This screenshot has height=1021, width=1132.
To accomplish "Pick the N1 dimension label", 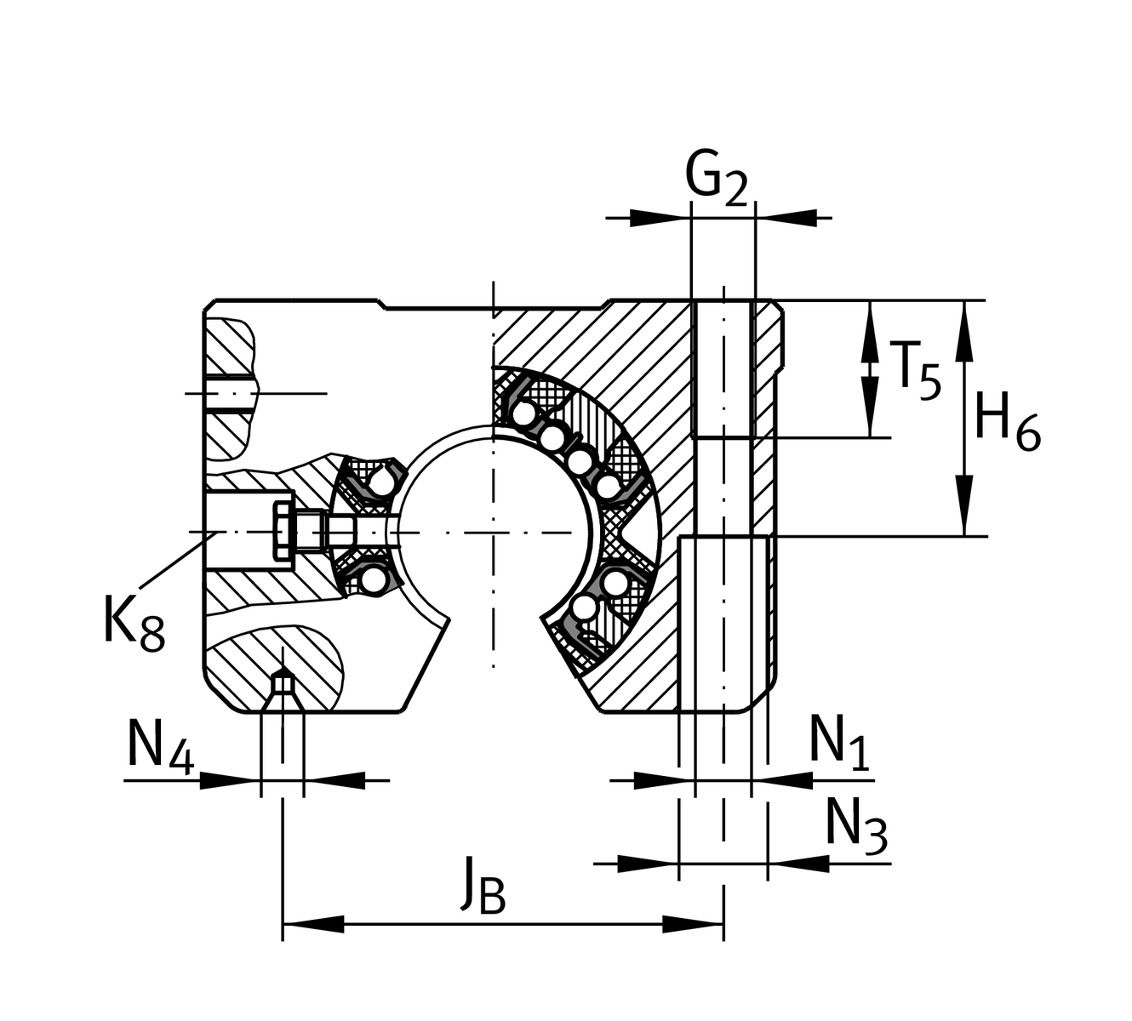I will pos(839,741).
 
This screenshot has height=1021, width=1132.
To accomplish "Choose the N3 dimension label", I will pos(856,824).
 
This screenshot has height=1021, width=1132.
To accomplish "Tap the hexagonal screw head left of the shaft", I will pos(283,531).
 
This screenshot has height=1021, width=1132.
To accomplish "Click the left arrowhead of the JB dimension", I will pos(312,923).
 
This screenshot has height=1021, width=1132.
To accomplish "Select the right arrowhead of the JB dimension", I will pos(694,923).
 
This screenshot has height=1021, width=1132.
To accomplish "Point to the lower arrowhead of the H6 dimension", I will pos(963,506).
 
